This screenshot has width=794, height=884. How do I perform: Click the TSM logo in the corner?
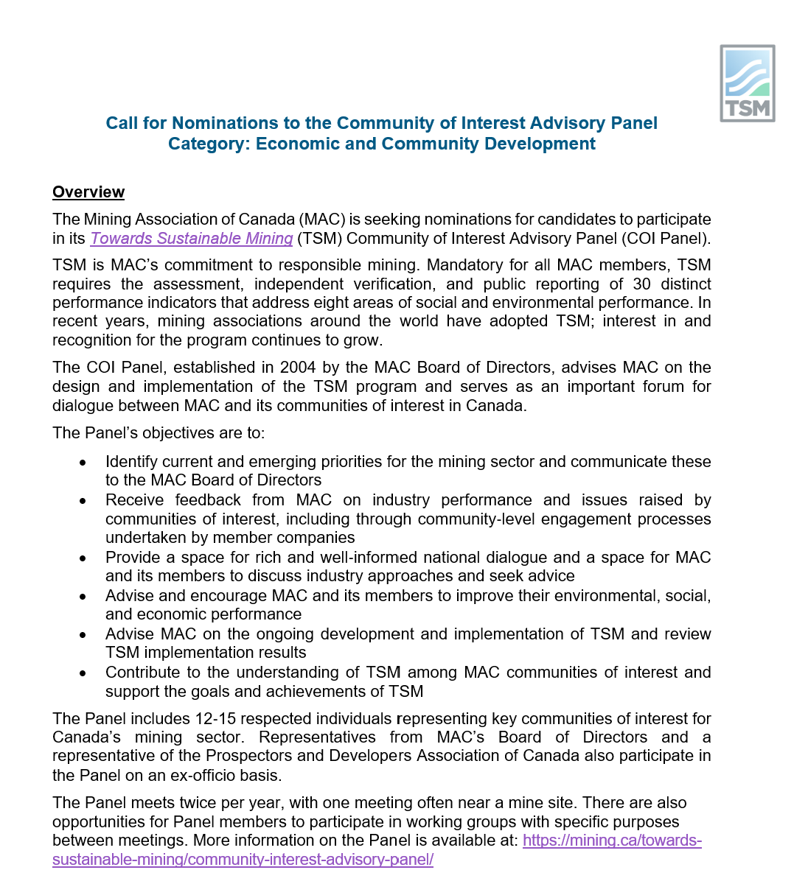pyautogui.click(x=747, y=83)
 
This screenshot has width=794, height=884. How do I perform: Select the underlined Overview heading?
pyautogui.click(x=88, y=192)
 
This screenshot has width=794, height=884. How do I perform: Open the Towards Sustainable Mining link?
pyautogui.click(x=192, y=239)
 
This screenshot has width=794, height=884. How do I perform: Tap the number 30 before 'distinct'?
pyautogui.click(x=643, y=284)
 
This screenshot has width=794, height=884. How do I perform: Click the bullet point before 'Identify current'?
pyautogui.click(x=83, y=463)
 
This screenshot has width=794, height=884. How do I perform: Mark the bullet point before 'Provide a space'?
pyautogui.click(x=83, y=558)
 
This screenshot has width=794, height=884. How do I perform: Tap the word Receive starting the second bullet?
pyautogui.click(x=135, y=500)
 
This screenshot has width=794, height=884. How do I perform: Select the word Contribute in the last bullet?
pyautogui.click(x=145, y=673)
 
